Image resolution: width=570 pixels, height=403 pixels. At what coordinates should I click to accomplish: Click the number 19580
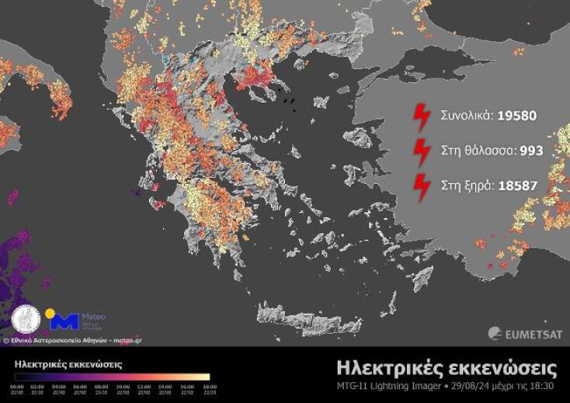coord(513,116)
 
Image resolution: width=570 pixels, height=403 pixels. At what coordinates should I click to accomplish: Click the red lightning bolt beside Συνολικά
coord(421,116)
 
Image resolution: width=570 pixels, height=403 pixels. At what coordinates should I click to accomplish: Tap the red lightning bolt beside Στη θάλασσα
coord(421,151)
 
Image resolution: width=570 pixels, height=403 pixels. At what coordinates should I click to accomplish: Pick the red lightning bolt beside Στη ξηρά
coord(421,187)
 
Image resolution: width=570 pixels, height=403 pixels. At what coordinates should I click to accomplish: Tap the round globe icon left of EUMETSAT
coord(495,334)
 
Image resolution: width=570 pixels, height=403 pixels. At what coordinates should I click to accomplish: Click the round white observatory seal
coord(26,320)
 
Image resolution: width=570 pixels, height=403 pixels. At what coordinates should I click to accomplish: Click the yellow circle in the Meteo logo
coord(50,314)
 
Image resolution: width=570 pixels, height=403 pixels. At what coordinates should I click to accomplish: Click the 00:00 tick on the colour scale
coord(17,386)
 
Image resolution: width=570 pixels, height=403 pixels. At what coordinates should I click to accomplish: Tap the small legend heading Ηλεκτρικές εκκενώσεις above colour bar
coord(68,363)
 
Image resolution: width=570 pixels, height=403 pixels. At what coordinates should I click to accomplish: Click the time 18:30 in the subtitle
coord(544,386)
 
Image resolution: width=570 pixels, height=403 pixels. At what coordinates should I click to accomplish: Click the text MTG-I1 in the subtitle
coord(352,386)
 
